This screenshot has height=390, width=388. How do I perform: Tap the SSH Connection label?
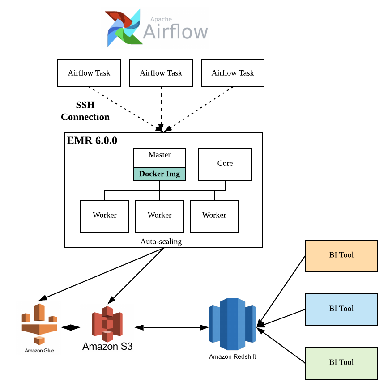pos(85,111)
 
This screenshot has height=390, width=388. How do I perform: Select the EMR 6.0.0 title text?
pos(92,140)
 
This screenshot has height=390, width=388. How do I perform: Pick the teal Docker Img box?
pos(159,174)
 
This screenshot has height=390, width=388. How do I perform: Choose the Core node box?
pos(225,164)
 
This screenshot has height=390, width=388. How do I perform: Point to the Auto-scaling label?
pos(161,242)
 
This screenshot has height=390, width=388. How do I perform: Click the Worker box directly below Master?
pos(159,216)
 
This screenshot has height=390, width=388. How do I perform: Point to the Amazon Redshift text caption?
pos(232,356)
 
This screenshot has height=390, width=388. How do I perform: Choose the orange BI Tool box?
pos(341,256)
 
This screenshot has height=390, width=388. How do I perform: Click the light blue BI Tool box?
pos(341,309)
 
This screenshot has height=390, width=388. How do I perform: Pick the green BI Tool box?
pos(341,363)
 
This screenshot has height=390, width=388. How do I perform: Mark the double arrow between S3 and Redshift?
pos(172,327)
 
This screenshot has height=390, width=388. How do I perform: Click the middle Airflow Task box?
pos(161,73)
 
